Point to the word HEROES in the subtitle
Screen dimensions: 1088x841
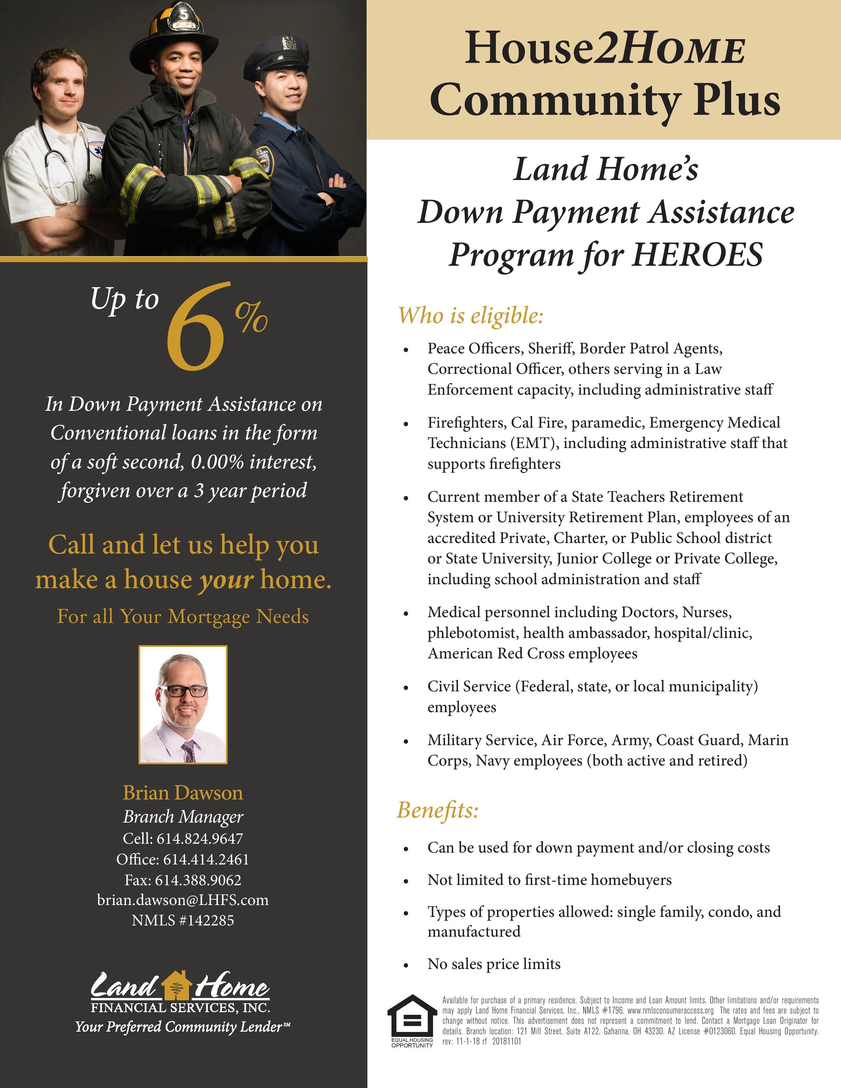click(x=698, y=255)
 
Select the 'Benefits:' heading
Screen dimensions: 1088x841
click(x=437, y=810)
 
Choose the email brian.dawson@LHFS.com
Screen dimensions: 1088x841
click(x=183, y=900)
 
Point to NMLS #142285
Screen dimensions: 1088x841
click(x=183, y=920)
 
